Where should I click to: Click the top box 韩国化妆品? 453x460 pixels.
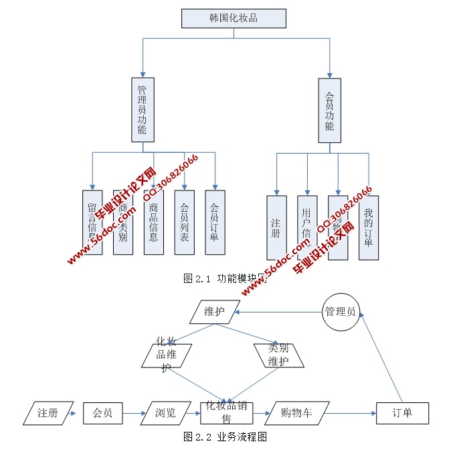pyautogui.click(x=234, y=18)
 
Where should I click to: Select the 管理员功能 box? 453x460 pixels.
pyautogui.click(x=142, y=109)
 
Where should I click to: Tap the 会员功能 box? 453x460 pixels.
pyautogui.click(x=329, y=109)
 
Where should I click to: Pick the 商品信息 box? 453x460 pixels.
pyautogui.click(x=153, y=222)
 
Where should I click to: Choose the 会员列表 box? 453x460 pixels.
pyautogui.click(x=184, y=222)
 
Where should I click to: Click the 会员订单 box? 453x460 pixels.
pyautogui.click(x=214, y=222)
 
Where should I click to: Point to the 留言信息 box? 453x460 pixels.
pyautogui.click(x=92, y=222)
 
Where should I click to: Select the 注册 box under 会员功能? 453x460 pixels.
pyautogui.click(x=276, y=227)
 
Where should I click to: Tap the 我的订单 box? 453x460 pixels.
pyautogui.click(x=368, y=227)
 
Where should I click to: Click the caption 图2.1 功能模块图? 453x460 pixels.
pyautogui.click(x=225, y=279)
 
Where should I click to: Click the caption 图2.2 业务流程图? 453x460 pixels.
pyautogui.click(x=225, y=437)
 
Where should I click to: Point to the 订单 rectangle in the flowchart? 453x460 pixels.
pyautogui.click(x=402, y=413)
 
